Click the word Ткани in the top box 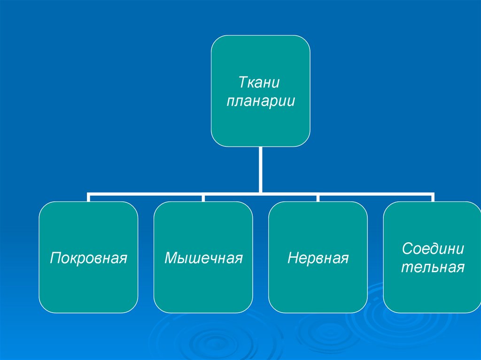[260, 83]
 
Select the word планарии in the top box [261, 101]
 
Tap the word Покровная [89, 258]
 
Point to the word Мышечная [203, 258]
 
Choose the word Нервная [318, 258]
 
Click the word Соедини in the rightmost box [433, 249]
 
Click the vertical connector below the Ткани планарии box [260, 169]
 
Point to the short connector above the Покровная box [88, 198]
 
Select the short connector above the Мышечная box [203, 198]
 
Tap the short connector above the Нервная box [318, 198]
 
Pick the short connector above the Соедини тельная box [433, 198]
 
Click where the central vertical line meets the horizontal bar [260, 193]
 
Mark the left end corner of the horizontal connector [88, 193]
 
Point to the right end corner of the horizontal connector [433, 193]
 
